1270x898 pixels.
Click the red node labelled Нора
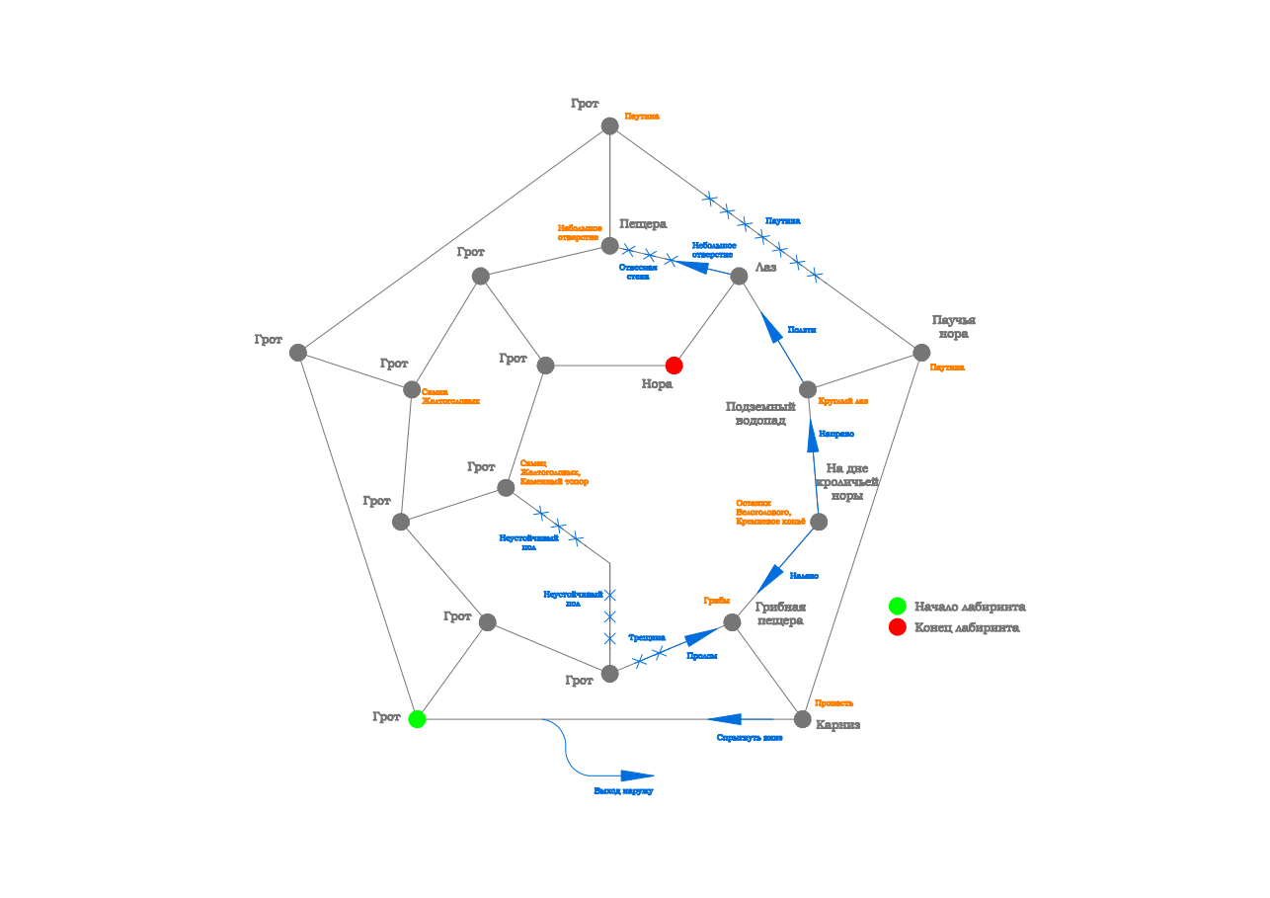(675, 366)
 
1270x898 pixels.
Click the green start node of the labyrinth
(417, 719)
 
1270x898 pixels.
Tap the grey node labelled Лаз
(739, 277)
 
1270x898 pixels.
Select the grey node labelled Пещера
(610, 246)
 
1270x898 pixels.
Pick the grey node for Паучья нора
(921, 353)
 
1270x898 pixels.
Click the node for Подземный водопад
(808, 389)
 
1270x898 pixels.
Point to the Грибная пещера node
(732, 622)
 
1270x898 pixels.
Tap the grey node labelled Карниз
(803, 719)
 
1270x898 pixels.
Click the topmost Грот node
(610, 125)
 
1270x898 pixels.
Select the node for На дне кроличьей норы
(819, 522)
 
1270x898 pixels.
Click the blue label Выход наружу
(623, 791)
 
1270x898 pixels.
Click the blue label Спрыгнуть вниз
(750, 738)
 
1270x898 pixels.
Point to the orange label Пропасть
(833, 702)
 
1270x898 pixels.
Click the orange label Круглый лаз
(843, 401)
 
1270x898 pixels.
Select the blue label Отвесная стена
(638, 272)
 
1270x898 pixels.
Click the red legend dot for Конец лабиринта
(897, 627)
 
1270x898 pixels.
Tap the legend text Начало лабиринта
(969, 607)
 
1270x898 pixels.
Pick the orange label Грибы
(716, 600)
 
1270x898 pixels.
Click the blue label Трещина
(647, 637)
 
